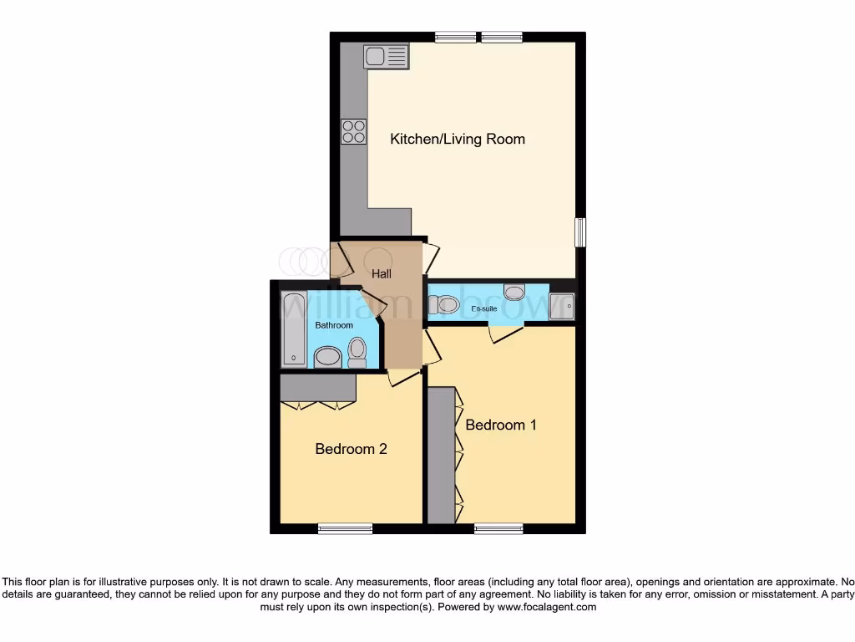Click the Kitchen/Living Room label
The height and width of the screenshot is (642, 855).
click(x=458, y=139)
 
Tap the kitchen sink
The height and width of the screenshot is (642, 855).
click(x=386, y=56)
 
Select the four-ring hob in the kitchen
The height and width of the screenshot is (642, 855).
click(x=353, y=131)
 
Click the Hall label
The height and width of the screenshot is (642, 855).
click(x=382, y=273)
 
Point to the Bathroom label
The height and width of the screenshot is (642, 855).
click(x=334, y=325)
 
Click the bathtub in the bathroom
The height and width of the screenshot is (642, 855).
click(x=294, y=329)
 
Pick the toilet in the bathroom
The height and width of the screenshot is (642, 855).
click(x=357, y=351)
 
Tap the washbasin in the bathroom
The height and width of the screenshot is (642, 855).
click(x=327, y=358)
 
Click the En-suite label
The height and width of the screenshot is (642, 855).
click(x=484, y=309)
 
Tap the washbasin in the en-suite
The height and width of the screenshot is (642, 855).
click(x=514, y=293)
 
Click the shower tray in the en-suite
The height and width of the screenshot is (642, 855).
click(x=561, y=307)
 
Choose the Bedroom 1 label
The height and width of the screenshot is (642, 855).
click(x=501, y=425)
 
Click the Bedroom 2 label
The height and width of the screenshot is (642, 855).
click(x=351, y=449)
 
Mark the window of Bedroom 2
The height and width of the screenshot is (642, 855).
click(x=345, y=528)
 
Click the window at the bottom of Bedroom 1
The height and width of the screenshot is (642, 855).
click(x=498, y=528)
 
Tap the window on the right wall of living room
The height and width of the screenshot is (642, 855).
click(x=580, y=232)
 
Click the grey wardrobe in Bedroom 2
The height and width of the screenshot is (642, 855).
click(x=318, y=388)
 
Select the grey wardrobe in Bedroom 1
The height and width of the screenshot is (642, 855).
click(x=441, y=456)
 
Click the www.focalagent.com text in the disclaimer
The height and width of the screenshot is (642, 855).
click(x=547, y=608)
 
